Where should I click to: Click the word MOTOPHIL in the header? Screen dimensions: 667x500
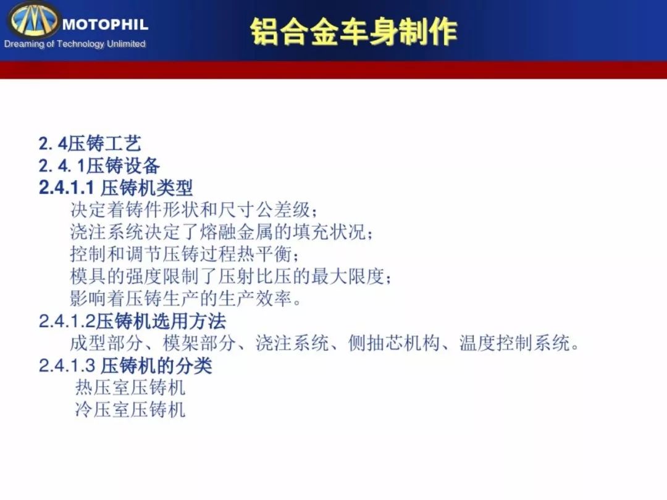(x=105, y=24)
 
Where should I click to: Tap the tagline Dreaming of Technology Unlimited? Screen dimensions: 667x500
(x=75, y=44)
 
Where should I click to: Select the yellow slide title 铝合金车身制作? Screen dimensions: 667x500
(x=353, y=31)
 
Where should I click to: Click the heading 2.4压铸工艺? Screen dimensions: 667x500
(x=90, y=144)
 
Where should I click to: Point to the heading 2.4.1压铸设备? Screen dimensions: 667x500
(x=99, y=166)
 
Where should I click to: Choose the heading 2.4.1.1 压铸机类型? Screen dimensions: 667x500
(x=115, y=188)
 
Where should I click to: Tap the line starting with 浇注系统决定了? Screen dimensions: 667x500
(x=221, y=232)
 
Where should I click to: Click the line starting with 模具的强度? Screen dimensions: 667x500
(x=230, y=277)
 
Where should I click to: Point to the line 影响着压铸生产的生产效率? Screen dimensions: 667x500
(x=186, y=299)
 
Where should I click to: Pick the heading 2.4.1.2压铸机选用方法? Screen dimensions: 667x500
(x=132, y=321)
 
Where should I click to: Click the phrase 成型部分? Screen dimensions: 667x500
(x=107, y=343)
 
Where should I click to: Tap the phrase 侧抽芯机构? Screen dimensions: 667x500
(x=393, y=343)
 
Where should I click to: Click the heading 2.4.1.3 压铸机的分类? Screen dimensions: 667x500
(x=125, y=365)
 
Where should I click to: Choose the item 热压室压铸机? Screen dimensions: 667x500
(x=130, y=387)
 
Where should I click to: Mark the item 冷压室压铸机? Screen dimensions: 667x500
(x=130, y=409)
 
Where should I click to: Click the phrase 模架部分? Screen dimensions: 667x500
(x=199, y=343)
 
